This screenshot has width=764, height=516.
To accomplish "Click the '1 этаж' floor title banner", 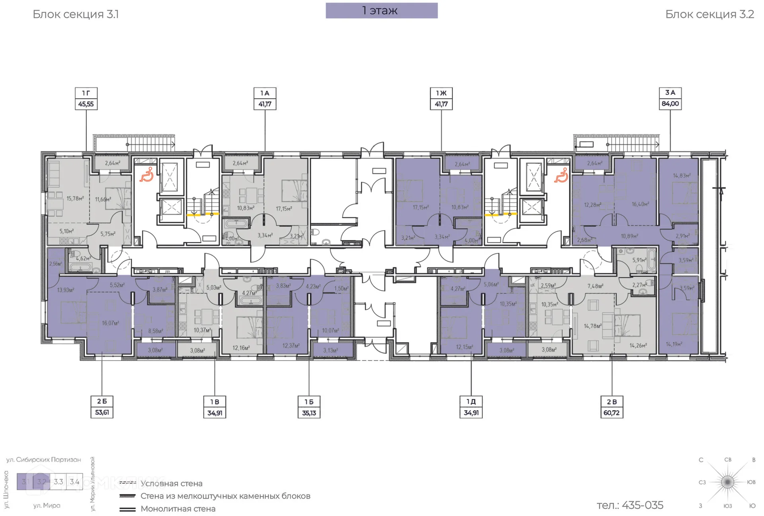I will click(x=381, y=11).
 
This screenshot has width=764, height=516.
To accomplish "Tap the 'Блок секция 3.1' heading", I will click(x=76, y=14).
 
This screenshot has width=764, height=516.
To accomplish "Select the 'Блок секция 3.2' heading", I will click(x=709, y=14).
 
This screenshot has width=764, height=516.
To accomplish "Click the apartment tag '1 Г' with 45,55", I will click(x=86, y=99).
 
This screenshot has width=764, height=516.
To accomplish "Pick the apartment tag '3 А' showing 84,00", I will click(x=670, y=98).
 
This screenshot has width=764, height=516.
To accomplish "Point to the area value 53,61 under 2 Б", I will click(x=102, y=412).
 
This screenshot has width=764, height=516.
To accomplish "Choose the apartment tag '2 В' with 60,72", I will click(x=611, y=407).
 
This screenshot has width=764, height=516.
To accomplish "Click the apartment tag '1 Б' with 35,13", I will click(x=309, y=407).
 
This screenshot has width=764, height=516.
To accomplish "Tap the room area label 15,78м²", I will click(x=75, y=198).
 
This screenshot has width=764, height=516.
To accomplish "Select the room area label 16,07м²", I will click(x=110, y=323).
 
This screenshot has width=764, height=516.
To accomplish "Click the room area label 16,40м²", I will click(x=640, y=204).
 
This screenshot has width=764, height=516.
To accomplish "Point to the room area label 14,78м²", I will click(x=592, y=326).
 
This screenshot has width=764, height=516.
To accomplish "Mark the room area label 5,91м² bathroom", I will click(x=639, y=260).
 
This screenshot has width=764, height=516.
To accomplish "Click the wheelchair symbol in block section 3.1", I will click(x=146, y=175).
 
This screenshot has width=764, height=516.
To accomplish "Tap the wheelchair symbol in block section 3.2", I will click(x=561, y=175).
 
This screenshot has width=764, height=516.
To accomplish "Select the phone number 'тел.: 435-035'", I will click(x=630, y=505).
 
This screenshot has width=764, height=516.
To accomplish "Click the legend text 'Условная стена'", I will click(x=171, y=483).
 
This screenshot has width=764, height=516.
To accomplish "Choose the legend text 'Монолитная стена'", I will click(x=177, y=508).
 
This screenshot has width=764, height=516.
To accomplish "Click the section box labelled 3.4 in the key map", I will click(x=74, y=481).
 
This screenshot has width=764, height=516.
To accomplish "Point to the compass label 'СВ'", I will click(x=727, y=460).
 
